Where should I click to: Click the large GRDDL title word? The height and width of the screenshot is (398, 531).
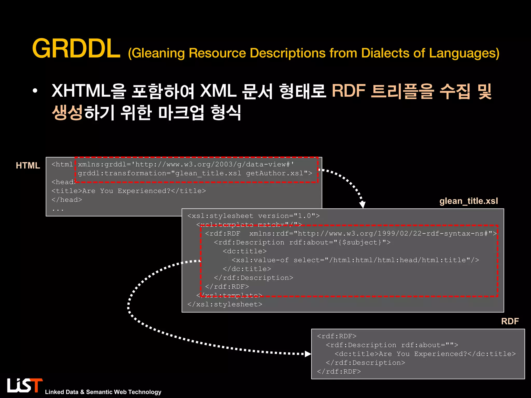point(76,49)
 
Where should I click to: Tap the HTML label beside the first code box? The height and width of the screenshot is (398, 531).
point(28,166)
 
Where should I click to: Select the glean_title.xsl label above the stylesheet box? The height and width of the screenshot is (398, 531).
point(469,201)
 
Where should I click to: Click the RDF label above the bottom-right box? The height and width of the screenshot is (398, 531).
point(510,321)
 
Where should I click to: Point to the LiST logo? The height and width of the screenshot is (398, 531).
point(25,385)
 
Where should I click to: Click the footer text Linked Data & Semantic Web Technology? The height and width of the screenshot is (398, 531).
point(103,392)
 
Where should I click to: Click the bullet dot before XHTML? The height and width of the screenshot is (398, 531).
point(35,91)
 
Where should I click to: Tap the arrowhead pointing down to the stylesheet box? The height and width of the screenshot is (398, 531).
point(362,205)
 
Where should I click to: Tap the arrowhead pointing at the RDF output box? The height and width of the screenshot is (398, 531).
point(308,354)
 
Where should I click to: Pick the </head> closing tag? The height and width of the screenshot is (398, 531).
point(67,200)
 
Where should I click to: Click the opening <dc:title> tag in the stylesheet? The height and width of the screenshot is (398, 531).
point(244,251)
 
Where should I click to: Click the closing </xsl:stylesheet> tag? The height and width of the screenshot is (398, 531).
point(225,304)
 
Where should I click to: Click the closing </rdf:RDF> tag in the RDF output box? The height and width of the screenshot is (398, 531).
point(339,372)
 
